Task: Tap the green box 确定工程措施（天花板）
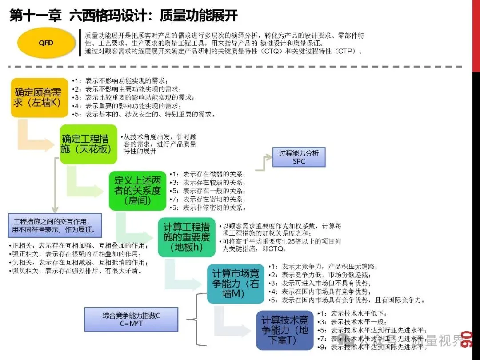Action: click(x=89, y=144)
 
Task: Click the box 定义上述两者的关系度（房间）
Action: click(x=137, y=191)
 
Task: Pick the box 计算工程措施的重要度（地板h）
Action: click(x=186, y=237)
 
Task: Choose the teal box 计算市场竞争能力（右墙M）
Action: click(x=235, y=284)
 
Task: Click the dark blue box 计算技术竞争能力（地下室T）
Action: click(x=284, y=331)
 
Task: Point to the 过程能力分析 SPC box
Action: click(x=299, y=157)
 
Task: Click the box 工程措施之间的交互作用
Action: click(x=55, y=226)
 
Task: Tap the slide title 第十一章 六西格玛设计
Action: click(x=123, y=16)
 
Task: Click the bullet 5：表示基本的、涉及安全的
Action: click(x=145, y=114)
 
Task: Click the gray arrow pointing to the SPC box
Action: click(x=264, y=162)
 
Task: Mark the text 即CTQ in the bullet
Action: click(x=276, y=249)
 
